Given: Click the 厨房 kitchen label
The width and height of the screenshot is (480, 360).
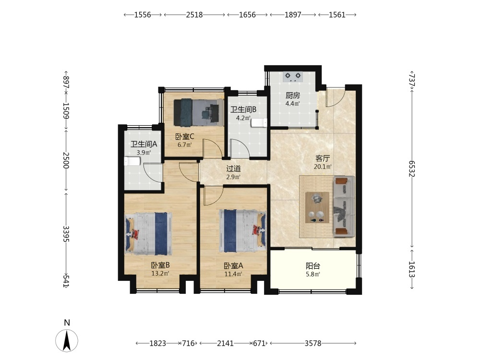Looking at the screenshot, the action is coord(293,96).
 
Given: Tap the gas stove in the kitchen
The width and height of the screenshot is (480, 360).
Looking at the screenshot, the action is coord(293,76).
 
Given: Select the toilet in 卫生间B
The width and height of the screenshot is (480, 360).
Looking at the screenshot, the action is coord(259,123).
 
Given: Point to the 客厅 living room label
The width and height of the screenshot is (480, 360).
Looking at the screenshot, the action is coord(323,158).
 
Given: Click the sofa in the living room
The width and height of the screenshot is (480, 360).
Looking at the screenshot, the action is coord(344,206).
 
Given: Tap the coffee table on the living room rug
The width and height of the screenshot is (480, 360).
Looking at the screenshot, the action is coord(317,207).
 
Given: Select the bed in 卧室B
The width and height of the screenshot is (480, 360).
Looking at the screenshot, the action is coord(148,234).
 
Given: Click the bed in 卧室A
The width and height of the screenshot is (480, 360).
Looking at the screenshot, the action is coord(242,231).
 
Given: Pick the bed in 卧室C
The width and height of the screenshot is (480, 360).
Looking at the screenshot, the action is coord(198,112).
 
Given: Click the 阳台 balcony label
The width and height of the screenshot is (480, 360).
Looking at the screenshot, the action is coord(313,266).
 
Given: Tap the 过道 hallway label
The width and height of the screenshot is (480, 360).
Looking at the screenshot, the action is coord(233,168).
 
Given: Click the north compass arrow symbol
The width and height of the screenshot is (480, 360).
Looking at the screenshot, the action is coord(67,341).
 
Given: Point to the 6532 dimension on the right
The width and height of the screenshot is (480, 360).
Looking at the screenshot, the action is coord(411,168).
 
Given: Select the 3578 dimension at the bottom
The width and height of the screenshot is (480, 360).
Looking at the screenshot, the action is coord(313,344).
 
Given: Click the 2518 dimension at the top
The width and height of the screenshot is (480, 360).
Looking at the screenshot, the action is coord(194,15).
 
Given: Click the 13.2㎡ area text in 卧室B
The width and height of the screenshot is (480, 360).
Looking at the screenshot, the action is coord(160,274).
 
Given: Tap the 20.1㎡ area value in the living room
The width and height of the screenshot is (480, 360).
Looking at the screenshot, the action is coord(323,167).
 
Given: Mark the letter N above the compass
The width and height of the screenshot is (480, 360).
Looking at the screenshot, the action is coord(67,323).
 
